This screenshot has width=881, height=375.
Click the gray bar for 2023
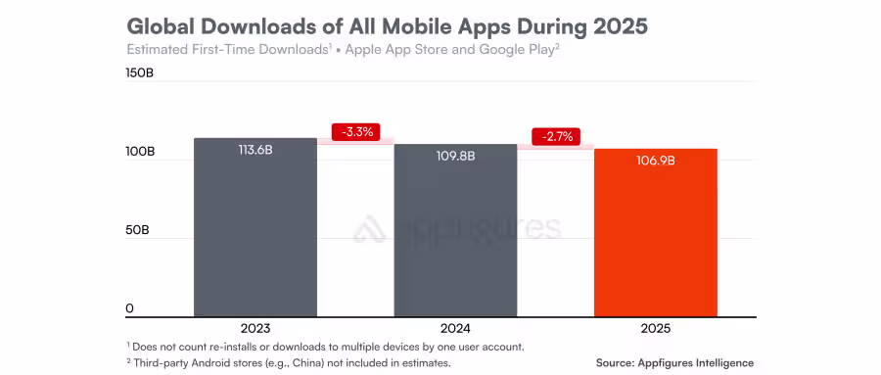point(255,235)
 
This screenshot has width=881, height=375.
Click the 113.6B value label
point(255,150)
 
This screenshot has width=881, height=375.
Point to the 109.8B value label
point(455,156)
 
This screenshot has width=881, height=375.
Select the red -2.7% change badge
point(556,136)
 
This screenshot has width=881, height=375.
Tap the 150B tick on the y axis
point(140,74)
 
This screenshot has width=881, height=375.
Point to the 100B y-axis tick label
point(140,153)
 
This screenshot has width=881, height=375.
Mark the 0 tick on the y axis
point(129,309)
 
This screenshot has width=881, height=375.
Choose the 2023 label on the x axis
point(255,328)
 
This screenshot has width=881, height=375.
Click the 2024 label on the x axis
point(455,328)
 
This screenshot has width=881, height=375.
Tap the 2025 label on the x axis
point(655,328)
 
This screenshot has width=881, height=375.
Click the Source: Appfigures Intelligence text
point(675,362)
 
